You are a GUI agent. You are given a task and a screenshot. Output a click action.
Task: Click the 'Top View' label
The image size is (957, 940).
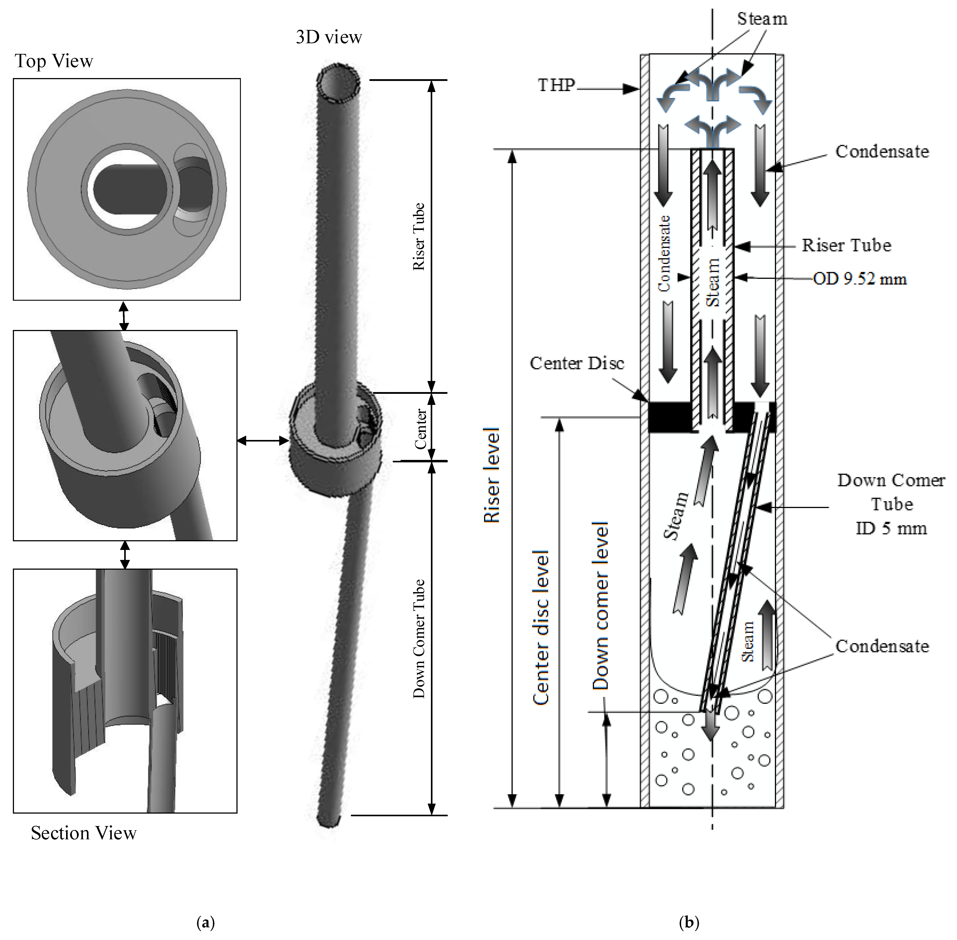click(54, 61)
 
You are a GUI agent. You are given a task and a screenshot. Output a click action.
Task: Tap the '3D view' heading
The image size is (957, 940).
click(329, 37)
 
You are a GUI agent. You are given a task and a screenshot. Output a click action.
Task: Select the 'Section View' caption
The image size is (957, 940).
click(83, 833)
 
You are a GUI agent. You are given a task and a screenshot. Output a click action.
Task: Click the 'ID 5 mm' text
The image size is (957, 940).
click(891, 528)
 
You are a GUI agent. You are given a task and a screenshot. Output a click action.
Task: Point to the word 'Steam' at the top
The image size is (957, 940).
click(762, 19)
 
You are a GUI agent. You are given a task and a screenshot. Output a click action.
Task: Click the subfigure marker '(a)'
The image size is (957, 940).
click(205, 922)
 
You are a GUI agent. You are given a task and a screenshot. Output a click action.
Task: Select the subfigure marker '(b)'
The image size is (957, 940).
click(689, 922)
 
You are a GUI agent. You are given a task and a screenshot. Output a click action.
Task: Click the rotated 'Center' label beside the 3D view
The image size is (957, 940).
click(420, 428)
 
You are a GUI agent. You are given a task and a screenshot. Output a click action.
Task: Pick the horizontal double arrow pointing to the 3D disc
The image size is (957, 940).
click(263, 440)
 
